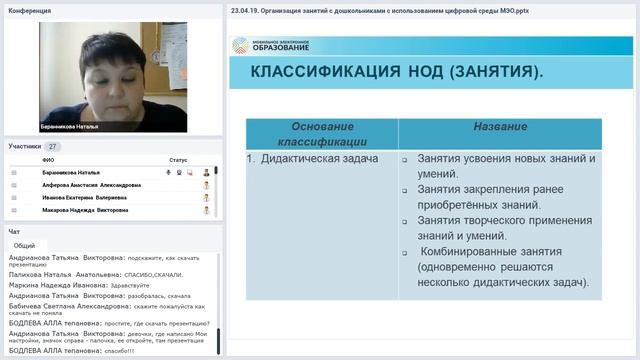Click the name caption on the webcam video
(70, 126)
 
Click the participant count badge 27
(53, 146)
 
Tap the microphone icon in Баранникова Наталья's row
(168, 172)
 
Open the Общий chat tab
(25, 245)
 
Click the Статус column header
(178, 160)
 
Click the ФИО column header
(49, 160)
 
